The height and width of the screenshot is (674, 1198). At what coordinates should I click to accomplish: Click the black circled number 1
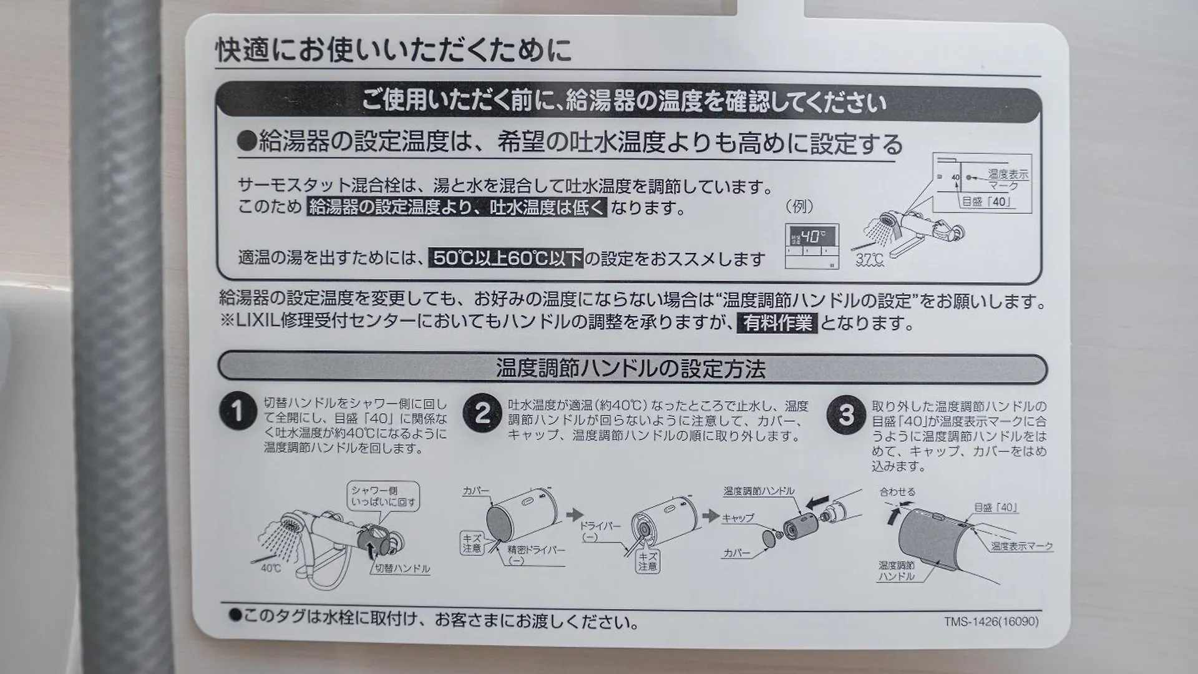238,412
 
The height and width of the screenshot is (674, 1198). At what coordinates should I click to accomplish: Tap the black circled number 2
482,413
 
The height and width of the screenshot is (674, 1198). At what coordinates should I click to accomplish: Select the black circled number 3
845,415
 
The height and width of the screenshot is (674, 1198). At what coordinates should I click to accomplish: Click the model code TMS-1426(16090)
991,622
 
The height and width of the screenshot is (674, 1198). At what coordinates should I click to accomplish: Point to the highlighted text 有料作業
777,323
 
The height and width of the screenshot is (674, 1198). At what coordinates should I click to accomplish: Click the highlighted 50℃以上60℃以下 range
506,258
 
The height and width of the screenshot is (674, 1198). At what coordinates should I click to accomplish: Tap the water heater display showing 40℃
812,246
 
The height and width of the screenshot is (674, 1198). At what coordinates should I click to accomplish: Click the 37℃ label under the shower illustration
869,259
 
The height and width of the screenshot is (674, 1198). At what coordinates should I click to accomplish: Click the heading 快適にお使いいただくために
394,50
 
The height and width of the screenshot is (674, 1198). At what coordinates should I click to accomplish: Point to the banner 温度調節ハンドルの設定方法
632,368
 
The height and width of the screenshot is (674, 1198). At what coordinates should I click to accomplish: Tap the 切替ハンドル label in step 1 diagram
402,569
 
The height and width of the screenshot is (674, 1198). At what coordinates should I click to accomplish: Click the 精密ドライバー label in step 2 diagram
536,550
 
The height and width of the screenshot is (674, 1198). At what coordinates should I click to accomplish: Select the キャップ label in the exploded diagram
738,518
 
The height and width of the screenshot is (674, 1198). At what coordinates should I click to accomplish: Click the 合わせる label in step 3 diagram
897,492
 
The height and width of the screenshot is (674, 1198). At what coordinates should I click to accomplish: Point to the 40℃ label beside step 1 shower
271,569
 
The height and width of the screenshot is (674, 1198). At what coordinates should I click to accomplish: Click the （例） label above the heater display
799,207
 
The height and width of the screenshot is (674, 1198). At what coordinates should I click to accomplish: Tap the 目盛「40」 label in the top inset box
985,202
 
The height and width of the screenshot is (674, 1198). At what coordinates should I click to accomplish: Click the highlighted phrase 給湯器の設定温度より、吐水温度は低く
457,207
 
